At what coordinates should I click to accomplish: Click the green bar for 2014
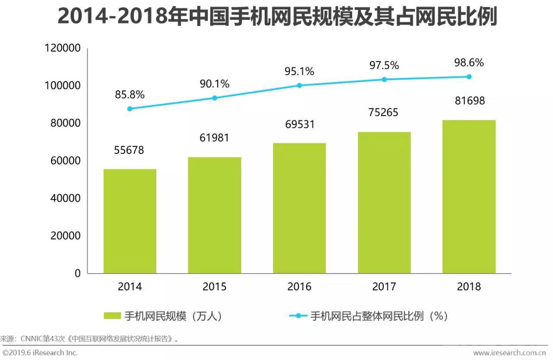[x=130, y=221]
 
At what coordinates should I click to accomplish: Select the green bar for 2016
[x=299, y=208]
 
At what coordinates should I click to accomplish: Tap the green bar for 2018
[x=469, y=197]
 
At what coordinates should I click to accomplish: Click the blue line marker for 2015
[x=214, y=98]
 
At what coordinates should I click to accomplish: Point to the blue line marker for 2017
[x=384, y=80]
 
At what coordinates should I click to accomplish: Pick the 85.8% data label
[x=130, y=94]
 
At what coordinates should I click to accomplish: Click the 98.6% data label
[x=469, y=63]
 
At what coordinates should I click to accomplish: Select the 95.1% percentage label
[x=299, y=71]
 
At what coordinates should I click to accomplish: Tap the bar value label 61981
[x=214, y=138]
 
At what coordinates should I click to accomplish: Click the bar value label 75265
[x=384, y=112]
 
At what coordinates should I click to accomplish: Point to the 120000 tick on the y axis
[x=63, y=48]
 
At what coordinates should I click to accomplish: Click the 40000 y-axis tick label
[x=63, y=198]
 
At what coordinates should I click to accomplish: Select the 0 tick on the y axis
[x=77, y=274]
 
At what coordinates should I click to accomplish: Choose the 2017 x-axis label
[x=384, y=287]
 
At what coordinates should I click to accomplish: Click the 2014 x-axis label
[x=130, y=287]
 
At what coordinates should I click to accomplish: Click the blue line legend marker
[x=298, y=316]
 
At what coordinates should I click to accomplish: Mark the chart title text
[x=276, y=17]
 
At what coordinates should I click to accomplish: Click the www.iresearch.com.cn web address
[x=509, y=353]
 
